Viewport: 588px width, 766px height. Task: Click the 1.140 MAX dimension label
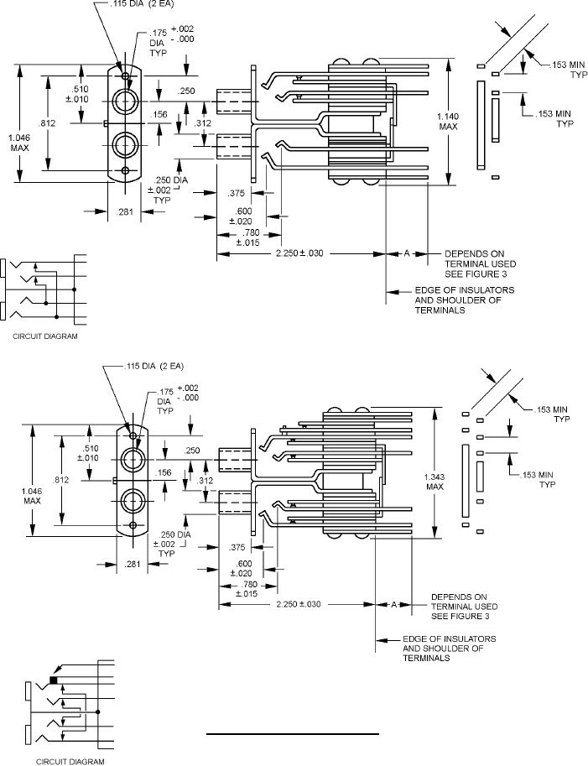448,121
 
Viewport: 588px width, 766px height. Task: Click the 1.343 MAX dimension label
434,482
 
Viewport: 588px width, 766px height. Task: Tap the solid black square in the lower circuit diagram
53,680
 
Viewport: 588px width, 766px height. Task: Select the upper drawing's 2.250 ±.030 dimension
299,253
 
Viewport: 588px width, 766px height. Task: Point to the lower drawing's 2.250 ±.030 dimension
299,604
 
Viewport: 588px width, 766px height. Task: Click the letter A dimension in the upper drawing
406,253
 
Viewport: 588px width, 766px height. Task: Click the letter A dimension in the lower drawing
393,604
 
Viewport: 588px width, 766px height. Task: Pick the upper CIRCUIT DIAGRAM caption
45,336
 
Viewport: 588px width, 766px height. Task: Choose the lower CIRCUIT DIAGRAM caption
70,761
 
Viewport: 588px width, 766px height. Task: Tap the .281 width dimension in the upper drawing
125,211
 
